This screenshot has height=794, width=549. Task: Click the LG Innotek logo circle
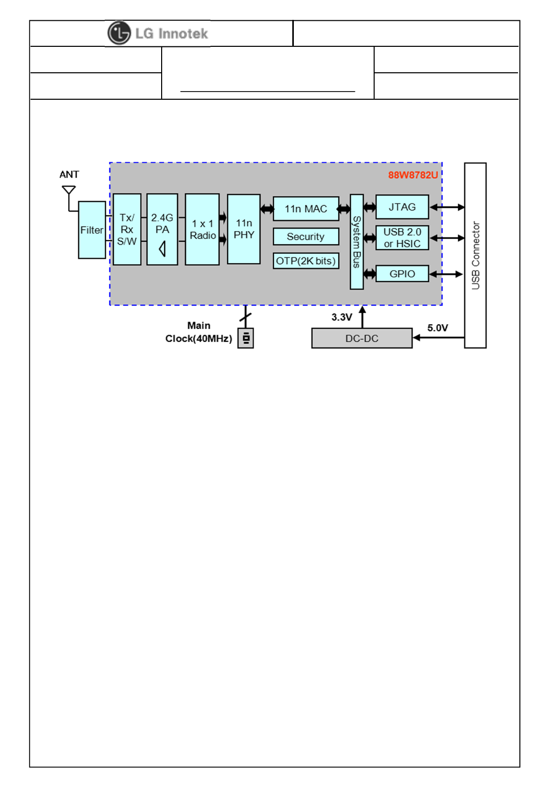coord(119,34)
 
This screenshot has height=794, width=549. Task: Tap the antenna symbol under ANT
coord(69,191)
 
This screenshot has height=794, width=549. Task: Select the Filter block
coord(92,230)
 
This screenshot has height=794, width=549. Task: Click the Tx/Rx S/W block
coord(127,230)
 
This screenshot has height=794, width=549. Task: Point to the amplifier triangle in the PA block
coord(162,249)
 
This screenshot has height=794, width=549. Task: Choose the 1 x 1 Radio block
coord(202,230)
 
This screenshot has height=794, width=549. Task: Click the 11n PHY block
coord(244,229)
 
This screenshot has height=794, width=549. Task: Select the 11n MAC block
coord(306,209)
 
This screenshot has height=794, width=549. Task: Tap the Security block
coord(306,237)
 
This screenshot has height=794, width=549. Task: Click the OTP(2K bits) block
coord(306,261)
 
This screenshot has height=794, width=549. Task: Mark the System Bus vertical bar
coord(357,242)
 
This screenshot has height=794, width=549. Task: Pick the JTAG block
coord(402,207)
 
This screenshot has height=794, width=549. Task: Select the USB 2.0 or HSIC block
coord(402,238)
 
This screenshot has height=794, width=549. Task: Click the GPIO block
coord(402,274)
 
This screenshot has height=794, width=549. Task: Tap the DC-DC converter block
coord(362,338)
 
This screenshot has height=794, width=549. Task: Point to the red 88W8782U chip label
coord(413,175)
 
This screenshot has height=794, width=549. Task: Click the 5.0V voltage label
coord(438,328)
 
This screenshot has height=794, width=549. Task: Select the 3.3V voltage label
coord(342,317)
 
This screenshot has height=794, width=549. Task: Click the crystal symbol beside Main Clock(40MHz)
coord(246,338)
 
